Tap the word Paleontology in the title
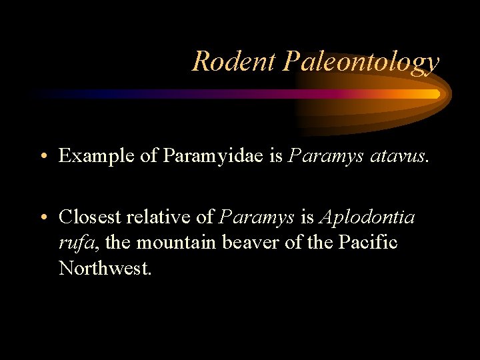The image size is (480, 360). click(x=361, y=63)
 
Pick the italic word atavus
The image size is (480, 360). click(x=399, y=156)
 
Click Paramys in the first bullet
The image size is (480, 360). click(x=323, y=157)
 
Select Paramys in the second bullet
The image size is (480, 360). click(x=257, y=217)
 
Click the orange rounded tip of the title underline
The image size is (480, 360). click(x=435, y=94)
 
